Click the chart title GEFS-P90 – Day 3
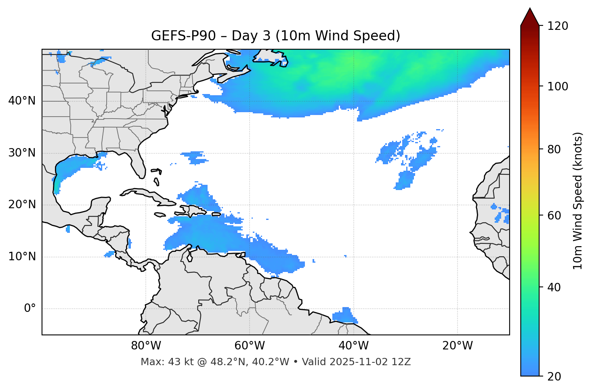coord(275,36)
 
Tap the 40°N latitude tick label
coord(22,100)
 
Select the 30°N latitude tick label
coord(22,153)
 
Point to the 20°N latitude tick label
coord(22,205)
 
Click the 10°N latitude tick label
coord(22,257)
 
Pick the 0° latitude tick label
coord(30,309)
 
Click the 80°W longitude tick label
coord(146,346)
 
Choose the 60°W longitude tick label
coord(250,346)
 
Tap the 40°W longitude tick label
coord(353,346)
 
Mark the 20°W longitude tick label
coord(457,346)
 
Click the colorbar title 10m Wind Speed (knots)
coord(578,201)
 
